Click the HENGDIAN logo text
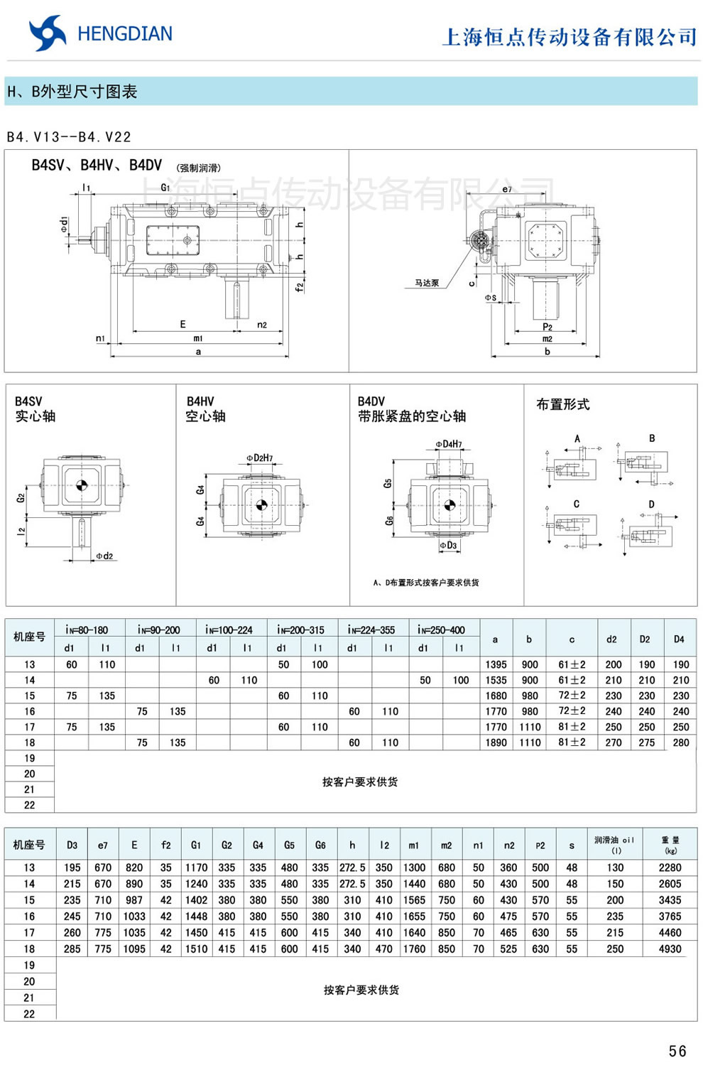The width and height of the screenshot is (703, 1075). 124,34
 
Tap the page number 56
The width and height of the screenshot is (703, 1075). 677,1051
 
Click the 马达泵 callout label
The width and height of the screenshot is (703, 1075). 427,283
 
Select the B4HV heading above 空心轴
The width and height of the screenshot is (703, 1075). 200,401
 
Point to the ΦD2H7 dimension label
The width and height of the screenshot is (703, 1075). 260,458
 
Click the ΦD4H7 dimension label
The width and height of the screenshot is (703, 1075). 449,444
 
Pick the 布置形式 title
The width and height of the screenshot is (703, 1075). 563,404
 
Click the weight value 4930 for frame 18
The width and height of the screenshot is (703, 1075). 670,949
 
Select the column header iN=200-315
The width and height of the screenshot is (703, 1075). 300,630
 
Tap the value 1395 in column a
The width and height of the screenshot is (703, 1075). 496,664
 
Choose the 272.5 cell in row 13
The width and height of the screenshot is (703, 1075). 352,868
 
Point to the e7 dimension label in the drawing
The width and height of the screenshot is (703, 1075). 506,189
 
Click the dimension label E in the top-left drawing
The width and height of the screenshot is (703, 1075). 182,324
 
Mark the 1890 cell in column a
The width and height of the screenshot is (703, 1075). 496,742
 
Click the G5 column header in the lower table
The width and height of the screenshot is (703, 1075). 289,845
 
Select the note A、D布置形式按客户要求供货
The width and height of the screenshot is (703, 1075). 426,583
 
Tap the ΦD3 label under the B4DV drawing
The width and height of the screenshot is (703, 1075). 449,546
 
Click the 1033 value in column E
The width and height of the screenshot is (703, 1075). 134,917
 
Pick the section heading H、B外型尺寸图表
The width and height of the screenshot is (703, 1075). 72,92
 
